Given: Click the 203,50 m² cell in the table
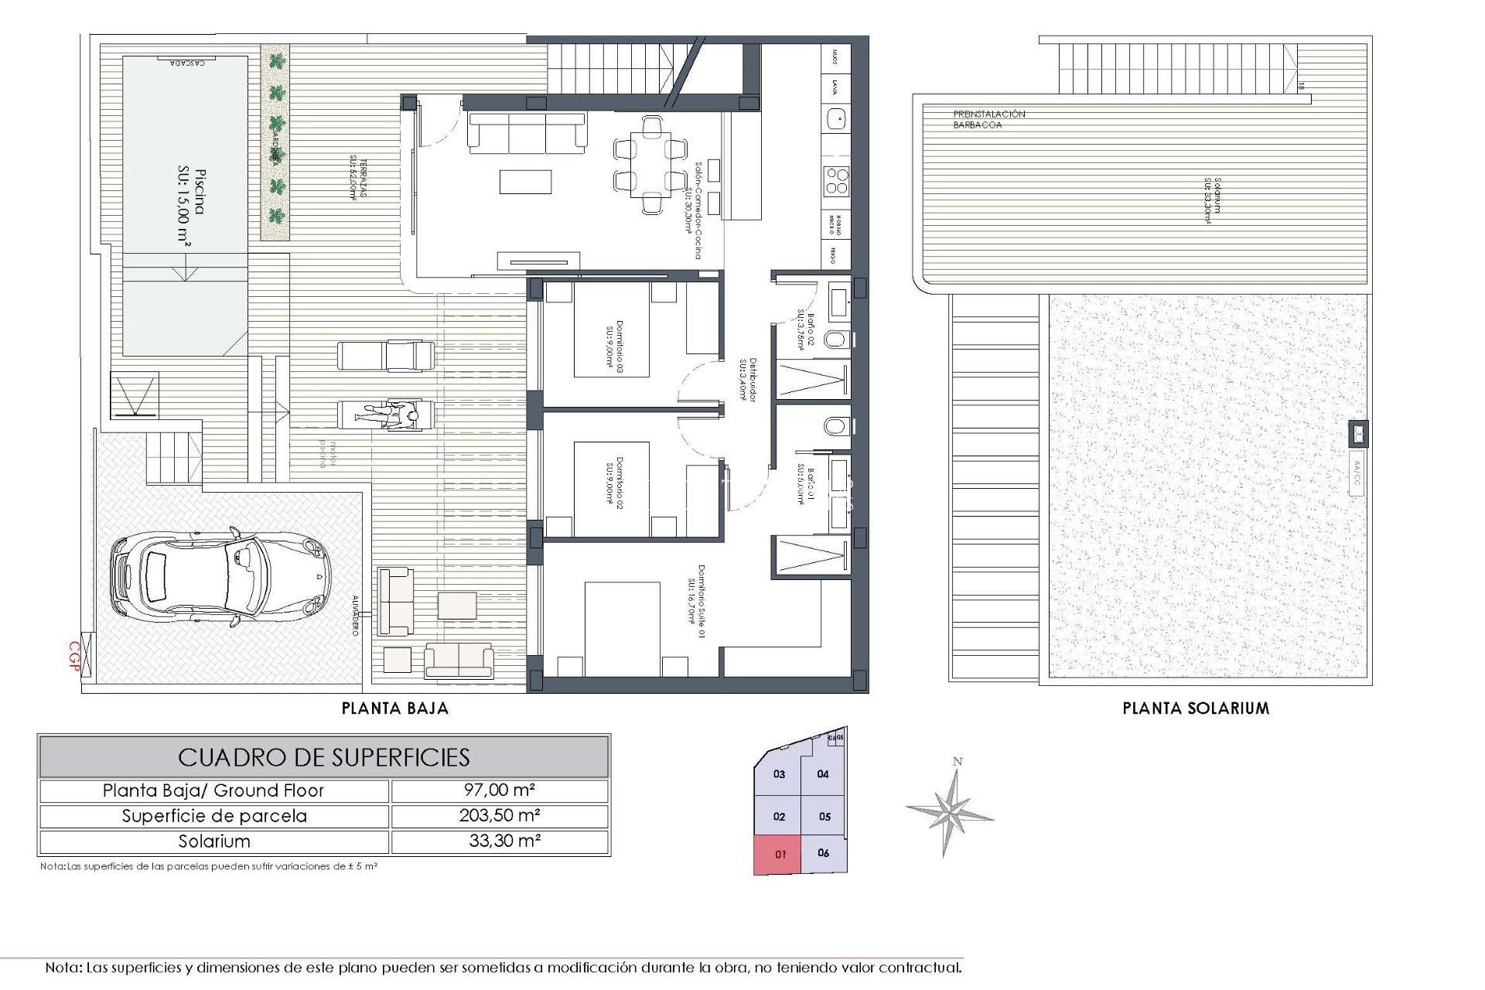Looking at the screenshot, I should point(500,815).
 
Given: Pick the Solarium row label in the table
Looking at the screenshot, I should point(214,841).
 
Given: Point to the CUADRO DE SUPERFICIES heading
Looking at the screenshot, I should point(324,756).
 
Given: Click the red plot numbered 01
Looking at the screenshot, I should point(780,855).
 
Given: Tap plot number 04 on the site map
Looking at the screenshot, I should point(823,773).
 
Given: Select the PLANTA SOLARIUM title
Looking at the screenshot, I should point(1196,708).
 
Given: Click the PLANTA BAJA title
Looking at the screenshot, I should point(395,708).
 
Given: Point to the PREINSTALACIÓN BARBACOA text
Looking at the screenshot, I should point(988,119).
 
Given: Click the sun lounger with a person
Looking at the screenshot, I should point(387,416).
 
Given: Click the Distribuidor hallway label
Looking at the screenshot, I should point(745,380).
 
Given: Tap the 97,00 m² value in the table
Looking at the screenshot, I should point(500,790).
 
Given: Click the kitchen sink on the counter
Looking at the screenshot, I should point(835,118).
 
